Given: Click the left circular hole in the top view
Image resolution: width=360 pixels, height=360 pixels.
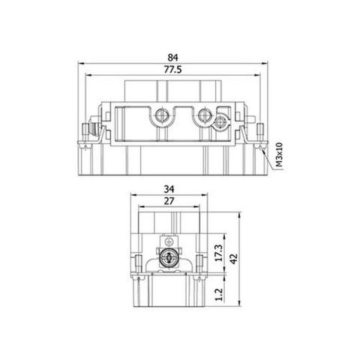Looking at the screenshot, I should (160, 116).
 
